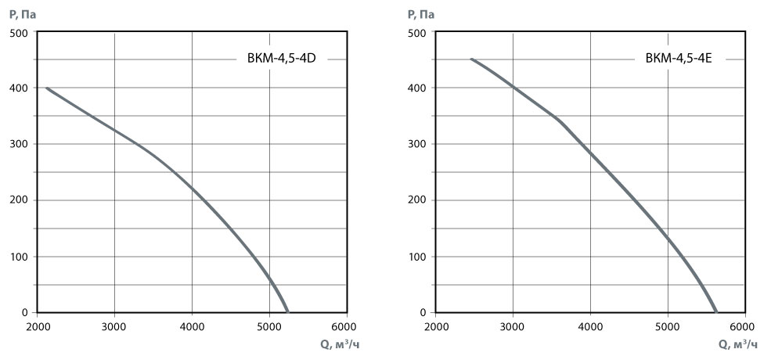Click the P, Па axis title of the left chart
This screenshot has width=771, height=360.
click(23, 13)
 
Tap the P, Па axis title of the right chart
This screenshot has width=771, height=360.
click(421, 13)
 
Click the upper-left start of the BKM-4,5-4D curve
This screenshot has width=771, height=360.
click(47, 88)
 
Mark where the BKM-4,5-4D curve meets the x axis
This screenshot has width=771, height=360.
click(287, 312)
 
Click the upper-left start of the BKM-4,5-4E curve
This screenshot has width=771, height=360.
click(471, 59)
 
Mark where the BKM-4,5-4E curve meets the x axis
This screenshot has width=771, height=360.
click(715, 312)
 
